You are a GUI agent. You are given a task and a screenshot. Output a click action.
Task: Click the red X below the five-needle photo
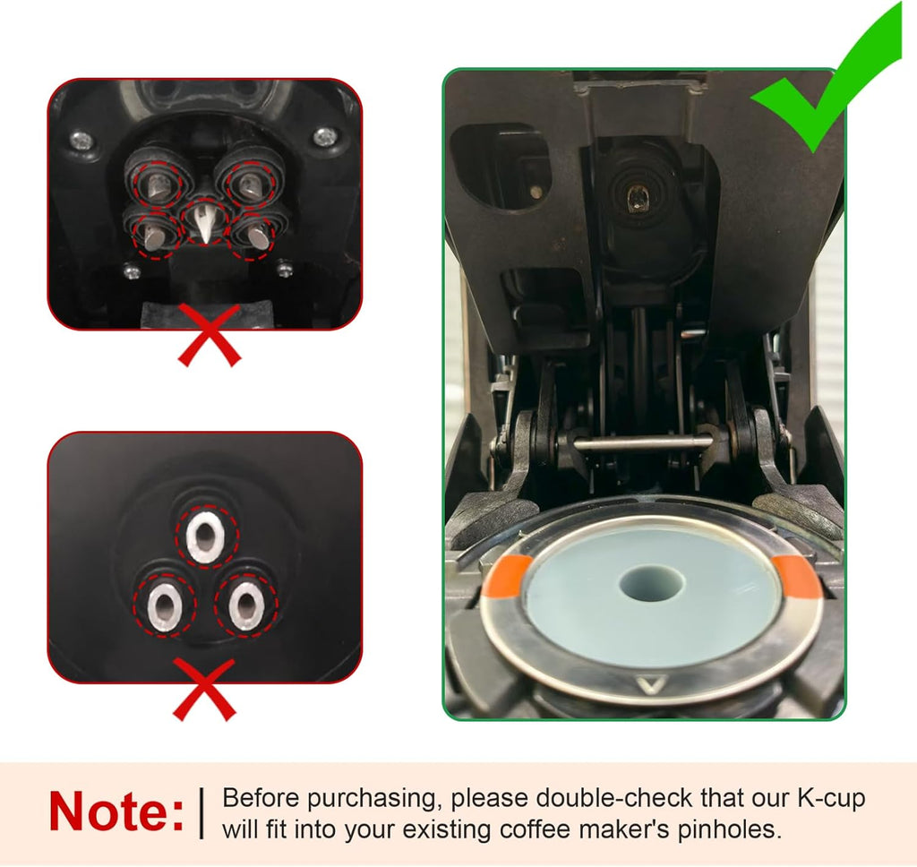210,334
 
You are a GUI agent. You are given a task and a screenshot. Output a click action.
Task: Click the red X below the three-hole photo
204,688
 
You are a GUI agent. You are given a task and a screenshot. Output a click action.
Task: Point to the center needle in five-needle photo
204,223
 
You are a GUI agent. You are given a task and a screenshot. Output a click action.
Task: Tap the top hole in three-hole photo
207,537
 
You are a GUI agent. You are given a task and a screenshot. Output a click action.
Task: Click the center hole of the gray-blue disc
652,583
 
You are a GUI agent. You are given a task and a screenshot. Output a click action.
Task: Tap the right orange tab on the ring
795,576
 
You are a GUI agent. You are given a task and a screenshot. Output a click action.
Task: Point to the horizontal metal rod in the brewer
641,442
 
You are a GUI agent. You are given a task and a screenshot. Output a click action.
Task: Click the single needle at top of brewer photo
638,196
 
